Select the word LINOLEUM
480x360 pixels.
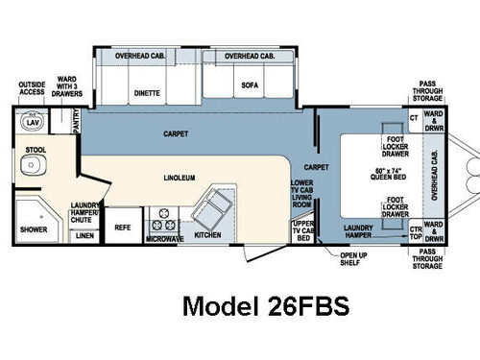(180, 179)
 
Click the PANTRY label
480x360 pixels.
(77, 121)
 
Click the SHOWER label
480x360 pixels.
(34, 229)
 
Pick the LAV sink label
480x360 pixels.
(32, 123)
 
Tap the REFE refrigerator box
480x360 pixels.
(122, 228)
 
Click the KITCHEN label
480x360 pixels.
(208, 233)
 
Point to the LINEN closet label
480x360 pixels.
(85, 234)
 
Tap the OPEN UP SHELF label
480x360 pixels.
(354, 258)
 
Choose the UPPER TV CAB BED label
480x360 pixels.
(303, 230)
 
